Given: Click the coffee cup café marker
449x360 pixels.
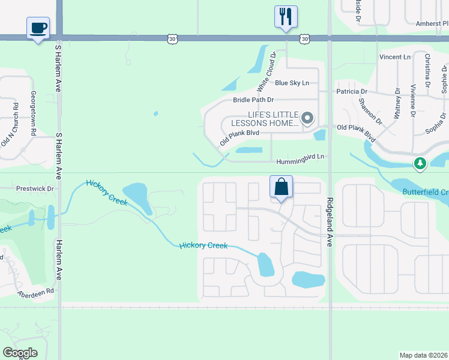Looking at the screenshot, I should tap(38, 28).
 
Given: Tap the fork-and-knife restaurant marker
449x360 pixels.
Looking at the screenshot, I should tap(286, 16).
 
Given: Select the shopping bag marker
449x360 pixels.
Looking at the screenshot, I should tap(281, 187).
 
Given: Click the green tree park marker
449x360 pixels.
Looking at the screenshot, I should tap(420, 163).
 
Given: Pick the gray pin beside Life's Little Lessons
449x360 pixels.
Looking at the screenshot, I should tap(307, 118).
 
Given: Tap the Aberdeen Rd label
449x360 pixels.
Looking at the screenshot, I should tap(35, 292).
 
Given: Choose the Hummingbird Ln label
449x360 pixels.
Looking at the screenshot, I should tap(300, 161).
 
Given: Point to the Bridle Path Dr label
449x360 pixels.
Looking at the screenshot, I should tap(253, 100).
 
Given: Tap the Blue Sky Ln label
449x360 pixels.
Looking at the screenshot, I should tap(292, 83).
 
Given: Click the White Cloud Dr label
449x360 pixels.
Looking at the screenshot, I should tap(266, 71).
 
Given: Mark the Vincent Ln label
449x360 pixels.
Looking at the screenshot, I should tap(394, 57).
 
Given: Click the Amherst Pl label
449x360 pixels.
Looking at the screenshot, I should tap(432, 23).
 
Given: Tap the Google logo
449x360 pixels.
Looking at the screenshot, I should tap(20, 352).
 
